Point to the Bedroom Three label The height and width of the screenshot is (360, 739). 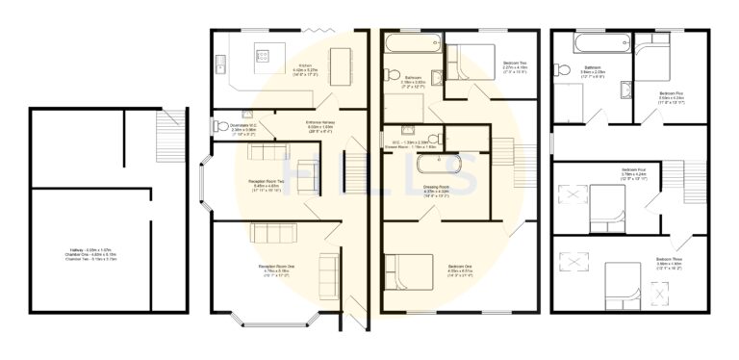670,261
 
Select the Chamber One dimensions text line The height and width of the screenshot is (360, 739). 91,255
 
